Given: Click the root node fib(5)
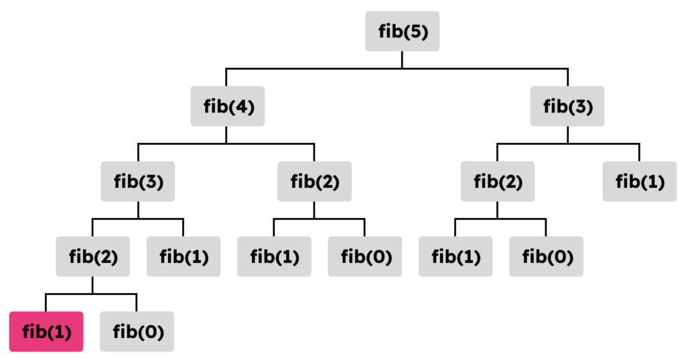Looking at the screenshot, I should tap(402, 31).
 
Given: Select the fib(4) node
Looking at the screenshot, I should tap(227, 106).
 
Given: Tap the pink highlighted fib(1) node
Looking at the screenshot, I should tap(46, 331).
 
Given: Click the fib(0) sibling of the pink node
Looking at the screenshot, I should tap(137, 331).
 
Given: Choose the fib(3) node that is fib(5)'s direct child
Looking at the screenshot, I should tap(567, 106).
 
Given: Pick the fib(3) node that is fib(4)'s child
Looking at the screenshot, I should tap(137, 181).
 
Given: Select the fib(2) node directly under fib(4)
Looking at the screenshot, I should tap(314, 181).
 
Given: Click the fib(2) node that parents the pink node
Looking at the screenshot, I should tap(92, 256).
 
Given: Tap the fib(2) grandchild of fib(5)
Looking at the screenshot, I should tap(497, 181).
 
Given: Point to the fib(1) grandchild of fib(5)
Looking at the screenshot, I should tap(639, 181).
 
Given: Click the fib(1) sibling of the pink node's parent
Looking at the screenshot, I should tap(183, 256).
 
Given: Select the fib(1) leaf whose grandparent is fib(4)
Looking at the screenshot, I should tap(274, 256).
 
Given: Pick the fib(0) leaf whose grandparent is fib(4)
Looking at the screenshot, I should tap(364, 256).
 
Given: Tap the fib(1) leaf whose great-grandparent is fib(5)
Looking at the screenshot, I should tap(455, 256).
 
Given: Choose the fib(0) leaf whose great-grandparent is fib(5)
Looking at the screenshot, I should tap(545, 256).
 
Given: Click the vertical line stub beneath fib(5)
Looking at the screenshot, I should tap(402, 59).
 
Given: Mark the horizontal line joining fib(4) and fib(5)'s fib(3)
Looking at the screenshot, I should tap(315, 68).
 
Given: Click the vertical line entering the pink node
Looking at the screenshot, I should tap(46, 302).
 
